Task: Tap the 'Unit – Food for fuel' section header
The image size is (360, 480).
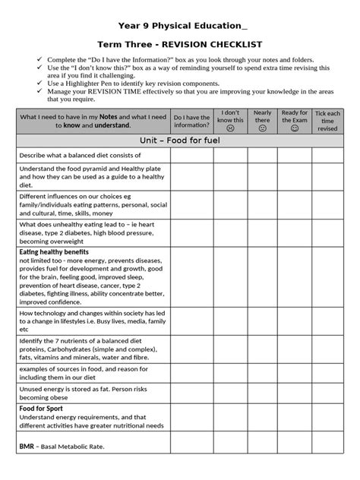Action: [180, 141]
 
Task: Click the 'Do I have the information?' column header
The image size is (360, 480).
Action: [191, 122]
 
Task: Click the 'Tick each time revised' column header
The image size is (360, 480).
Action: [327, 122]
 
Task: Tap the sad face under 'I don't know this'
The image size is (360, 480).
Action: [230, 128]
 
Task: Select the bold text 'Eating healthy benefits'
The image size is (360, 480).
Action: [54, 251]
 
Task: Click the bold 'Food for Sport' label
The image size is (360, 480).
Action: [43, 409]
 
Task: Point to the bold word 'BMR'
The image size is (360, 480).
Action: [27, 446]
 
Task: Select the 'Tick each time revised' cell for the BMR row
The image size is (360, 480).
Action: [327, 446]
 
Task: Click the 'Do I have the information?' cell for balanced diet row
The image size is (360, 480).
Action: [191, 156]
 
